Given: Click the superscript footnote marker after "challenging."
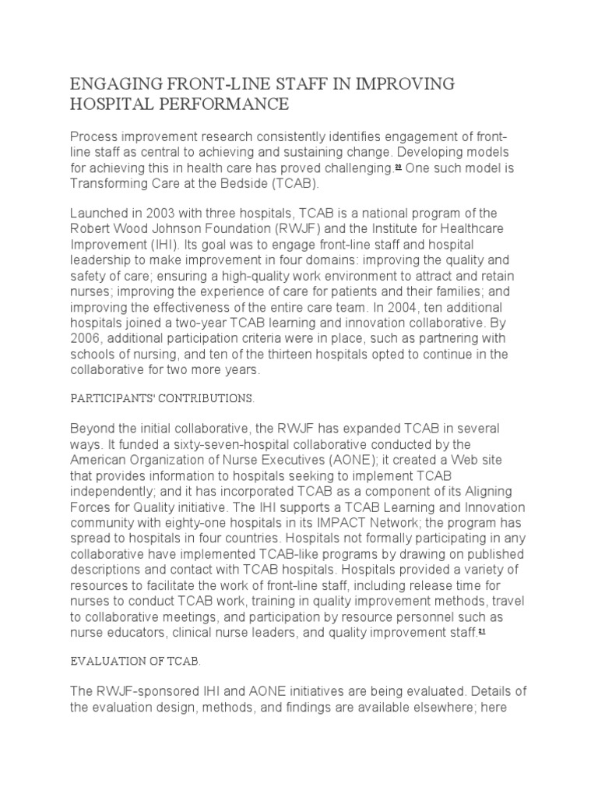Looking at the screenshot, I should click(x=397, y=166).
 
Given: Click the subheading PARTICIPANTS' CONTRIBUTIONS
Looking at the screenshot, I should click(x=162, y=398).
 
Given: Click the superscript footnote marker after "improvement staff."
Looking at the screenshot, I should click(x=482, y=632).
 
